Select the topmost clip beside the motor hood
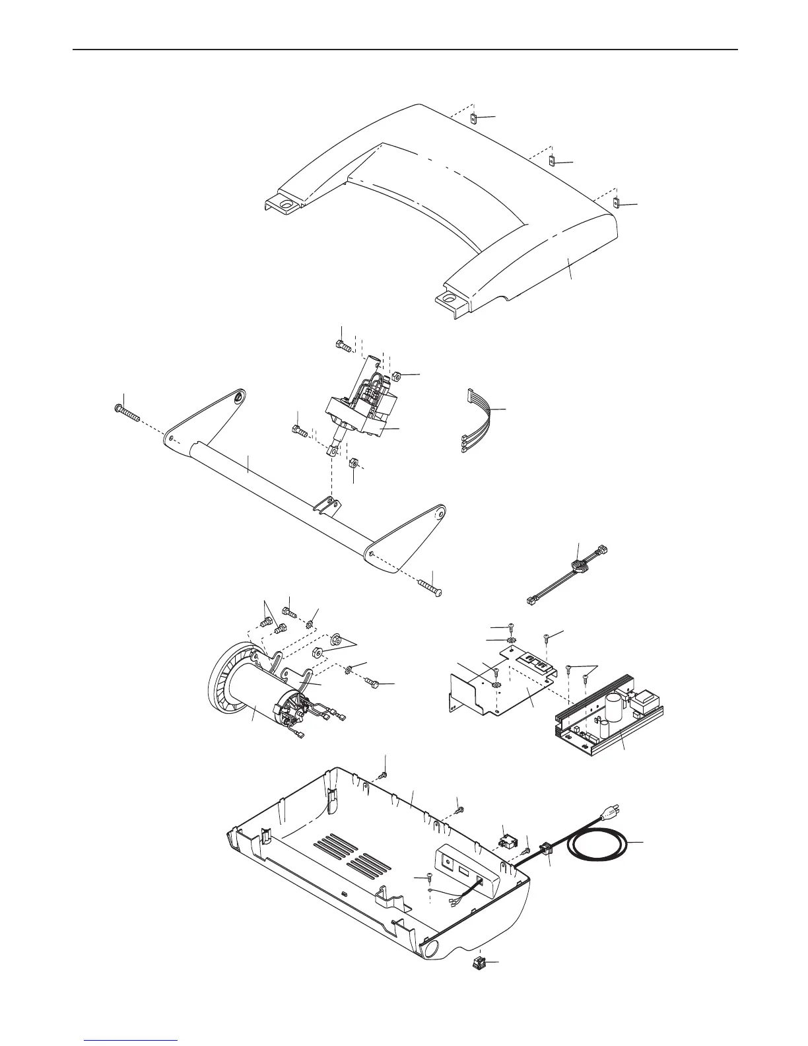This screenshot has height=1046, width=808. tap(474, 118)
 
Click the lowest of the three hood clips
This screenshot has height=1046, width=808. tap(616, 203)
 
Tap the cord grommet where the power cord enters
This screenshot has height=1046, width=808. tap(545, 848)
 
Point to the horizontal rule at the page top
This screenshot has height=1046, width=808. tap(404, 50)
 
